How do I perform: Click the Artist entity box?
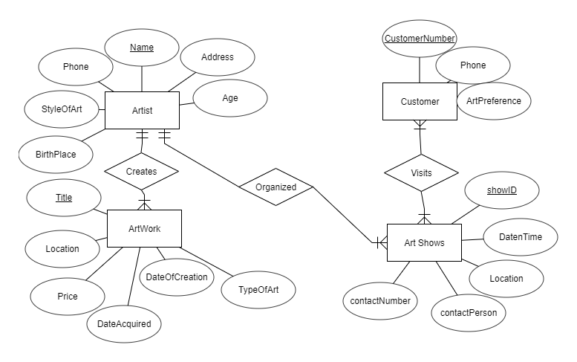point(142,111)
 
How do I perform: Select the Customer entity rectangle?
point(420,102)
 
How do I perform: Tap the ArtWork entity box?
point(144,228)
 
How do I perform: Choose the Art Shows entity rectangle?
point(424,242)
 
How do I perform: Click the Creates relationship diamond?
point(141,171)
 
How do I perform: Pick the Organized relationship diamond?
point(276,187)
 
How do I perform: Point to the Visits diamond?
point(421,172)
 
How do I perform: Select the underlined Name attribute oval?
point(142,48)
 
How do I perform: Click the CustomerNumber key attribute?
point(419,38)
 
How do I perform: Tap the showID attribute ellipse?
point(502,191)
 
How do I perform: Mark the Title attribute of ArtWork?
point(64,198)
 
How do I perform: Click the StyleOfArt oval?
point(62,109)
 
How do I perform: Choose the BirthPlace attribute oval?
point(56,155)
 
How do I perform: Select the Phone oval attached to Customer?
point(472,66)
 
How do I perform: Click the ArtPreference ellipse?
point(493,100)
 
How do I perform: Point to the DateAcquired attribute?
point(124,323)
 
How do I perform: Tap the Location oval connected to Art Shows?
point(506,279)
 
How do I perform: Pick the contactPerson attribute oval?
point(469,313)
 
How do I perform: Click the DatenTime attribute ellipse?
point(520,238)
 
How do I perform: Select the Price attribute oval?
point(67,297)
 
